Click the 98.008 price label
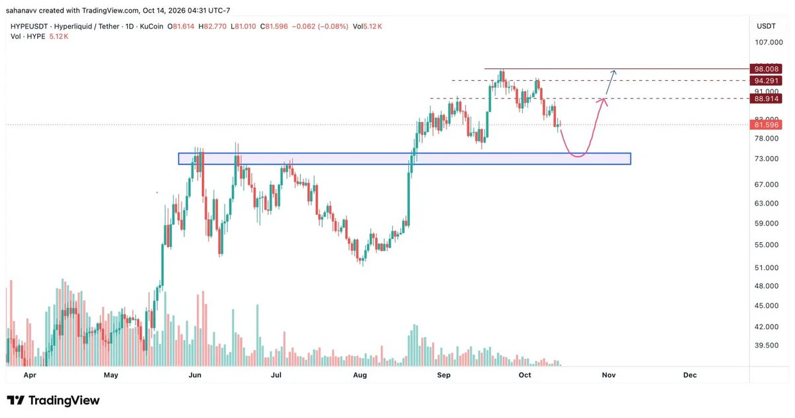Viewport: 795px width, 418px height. [x=766, y=69]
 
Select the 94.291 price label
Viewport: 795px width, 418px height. [x=766, y=81]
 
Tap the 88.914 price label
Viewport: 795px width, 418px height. [x=766, y=98]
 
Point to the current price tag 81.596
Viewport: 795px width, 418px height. [x=766, y=125]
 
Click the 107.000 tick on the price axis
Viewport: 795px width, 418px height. [x=768, y=42]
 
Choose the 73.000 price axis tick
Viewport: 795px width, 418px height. [x=767, y=159]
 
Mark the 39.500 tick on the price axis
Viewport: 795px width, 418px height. [x=767, y=345]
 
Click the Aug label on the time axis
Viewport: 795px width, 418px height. [x=360, y=375]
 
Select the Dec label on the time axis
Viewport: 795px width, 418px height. [x=690, y=375]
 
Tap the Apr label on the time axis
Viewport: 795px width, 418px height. [x=30, y=375]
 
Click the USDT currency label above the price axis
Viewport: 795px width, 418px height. [x=766, y=26]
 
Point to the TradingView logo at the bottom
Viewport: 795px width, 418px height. [x=53, y=401]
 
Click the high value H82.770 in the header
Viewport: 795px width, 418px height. [x=212, y=27]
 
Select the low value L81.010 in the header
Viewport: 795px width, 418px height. [x=243, y=27]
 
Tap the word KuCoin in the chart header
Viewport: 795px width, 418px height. [x=152, y=27]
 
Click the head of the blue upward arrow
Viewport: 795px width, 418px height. [x=614, y=72]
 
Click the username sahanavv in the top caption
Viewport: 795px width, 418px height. [x=21, y=11]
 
